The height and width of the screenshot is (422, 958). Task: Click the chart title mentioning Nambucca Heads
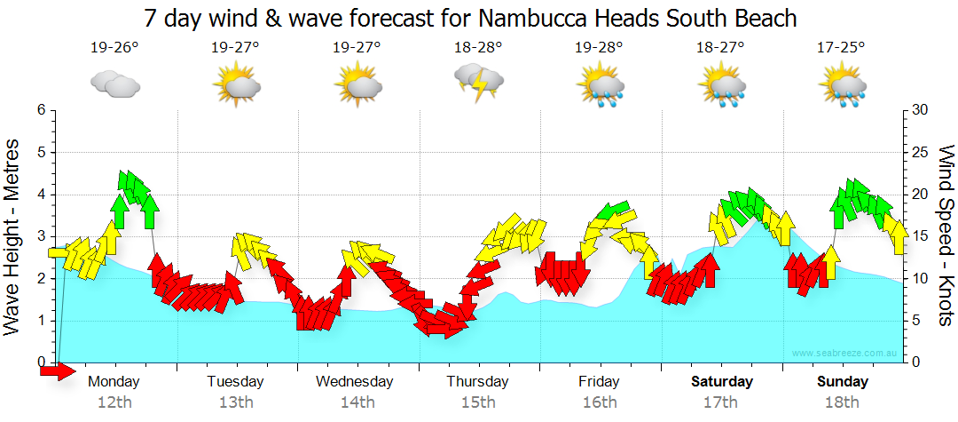(470, 18)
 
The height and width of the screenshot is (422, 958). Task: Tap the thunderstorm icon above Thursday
(479, 83)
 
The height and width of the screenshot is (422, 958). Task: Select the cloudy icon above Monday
(115, 84)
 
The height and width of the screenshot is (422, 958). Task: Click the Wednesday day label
(355, 382)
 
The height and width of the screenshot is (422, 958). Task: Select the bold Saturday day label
(722, 382)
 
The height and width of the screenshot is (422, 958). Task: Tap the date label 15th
(478, 402)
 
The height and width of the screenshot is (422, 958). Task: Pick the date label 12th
(115, 402)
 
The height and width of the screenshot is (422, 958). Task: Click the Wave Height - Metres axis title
(13, 236)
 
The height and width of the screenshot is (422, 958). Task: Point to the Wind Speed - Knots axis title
(946, 236)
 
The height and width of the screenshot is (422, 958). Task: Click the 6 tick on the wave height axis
(41, 110)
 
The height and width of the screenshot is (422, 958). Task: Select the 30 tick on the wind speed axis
(920, 110)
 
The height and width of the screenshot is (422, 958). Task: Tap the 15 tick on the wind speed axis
(920, 236)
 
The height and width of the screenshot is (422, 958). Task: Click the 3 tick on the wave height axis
(41, 236)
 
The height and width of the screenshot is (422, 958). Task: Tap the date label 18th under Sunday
(843, 402)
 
